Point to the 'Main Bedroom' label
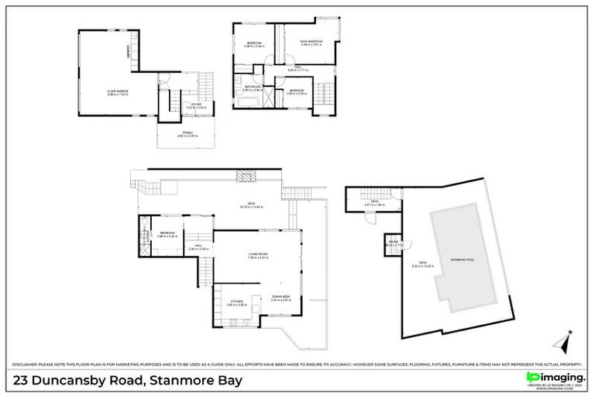pyautogui.click(x=311, y=42)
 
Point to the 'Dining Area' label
pyautogui.click(x=280, y=297)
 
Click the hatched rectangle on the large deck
pyautogui.click(x=245, y=177)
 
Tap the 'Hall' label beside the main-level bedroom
pyautogui.click(x=198, y=247)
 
